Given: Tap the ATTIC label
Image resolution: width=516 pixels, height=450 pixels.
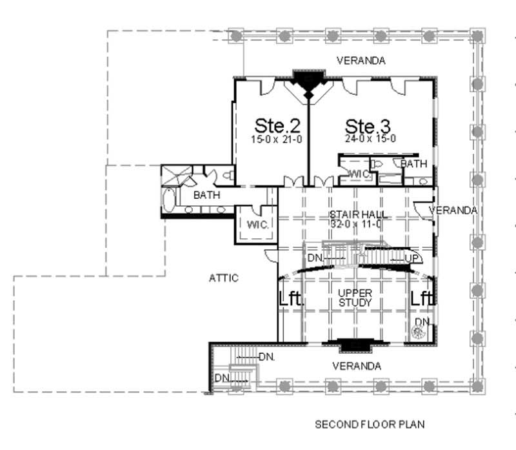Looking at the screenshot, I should pyautogui.click(x=224, y=278).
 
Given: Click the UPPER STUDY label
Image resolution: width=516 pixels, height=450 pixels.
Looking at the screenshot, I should pyautogui.click(x=355, y=297).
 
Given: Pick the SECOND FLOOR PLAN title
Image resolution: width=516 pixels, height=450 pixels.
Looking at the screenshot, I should pyautogui.click(x=369, y=425).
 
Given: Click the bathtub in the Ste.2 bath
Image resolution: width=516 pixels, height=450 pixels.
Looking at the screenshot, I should pyautogui.click(x=169, y=200).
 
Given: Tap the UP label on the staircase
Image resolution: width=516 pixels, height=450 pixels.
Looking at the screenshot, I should pyautogui.click(x=412, y=258).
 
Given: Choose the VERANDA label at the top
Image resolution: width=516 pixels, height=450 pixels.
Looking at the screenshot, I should pyautogui.click(x=361, y=61).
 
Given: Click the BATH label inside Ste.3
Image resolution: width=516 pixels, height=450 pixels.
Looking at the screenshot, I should pyautogui.click(x=414, y=164).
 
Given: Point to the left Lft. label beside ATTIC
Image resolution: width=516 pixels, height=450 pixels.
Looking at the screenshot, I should pyautogui.click(x=290, y=299).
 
